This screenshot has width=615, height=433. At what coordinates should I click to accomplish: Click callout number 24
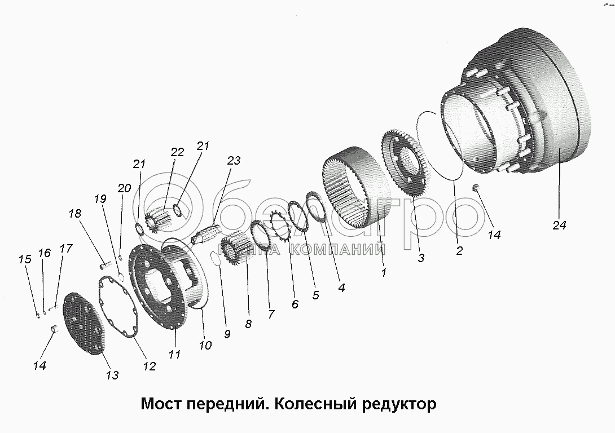click(x=559, y=225)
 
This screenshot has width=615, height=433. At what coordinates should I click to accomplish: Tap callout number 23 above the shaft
click(x=234, y=161)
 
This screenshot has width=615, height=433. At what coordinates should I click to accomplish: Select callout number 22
click(x=177, y=152)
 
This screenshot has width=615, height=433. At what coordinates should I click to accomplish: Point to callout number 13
click(x=112, y=374)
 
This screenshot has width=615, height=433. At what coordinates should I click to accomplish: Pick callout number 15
click(x=24, y=259)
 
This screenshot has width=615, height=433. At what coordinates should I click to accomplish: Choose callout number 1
click(x=384, y=273)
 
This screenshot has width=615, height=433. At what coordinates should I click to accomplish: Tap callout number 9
click(x=227, y=333)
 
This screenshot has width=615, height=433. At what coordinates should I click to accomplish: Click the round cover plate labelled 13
click(x=85, y=324)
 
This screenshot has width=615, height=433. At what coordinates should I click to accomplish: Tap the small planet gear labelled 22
click(x=161, y=220)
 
